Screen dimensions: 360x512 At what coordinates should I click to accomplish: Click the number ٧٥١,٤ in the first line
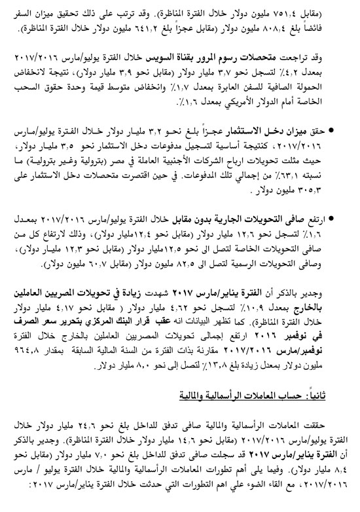coord(323,9)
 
